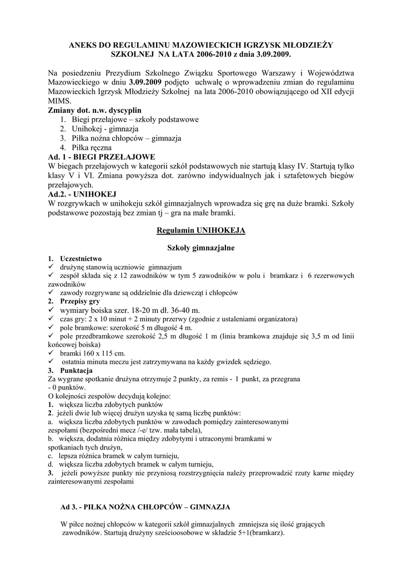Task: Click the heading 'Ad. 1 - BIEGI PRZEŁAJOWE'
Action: tap(102, 157)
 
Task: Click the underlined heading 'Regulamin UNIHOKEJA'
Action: tap(201, 230)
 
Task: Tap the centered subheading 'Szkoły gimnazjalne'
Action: tap(201, 247)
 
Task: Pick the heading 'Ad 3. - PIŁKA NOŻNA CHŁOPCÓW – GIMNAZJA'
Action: tap(145, 507)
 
